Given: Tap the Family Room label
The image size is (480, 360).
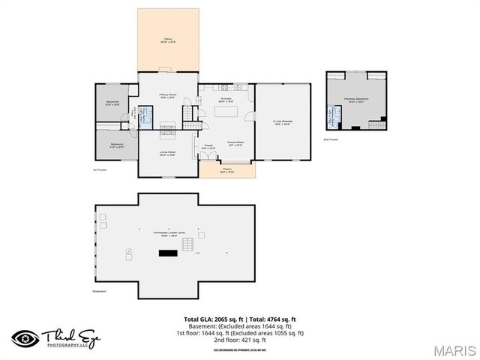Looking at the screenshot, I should click(x=166, y=95).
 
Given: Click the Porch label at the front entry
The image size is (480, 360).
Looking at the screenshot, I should click(x=227, y=172).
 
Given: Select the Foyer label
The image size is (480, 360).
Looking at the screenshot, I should click(x=209, y=147).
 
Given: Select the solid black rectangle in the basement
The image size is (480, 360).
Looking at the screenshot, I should click(x=166, y=253).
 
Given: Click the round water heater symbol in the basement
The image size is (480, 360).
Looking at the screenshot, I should click(x=128, y=250).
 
